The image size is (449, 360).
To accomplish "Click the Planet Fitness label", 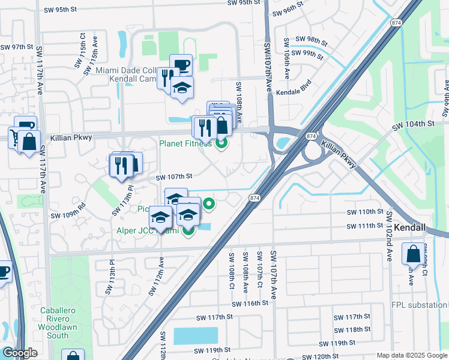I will click(185, 143).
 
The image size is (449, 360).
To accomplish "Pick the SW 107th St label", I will click(174, 176).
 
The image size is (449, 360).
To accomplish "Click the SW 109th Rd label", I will click(68, 215).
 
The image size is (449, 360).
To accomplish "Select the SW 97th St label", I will click(16, 47).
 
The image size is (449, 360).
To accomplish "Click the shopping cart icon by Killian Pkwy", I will click(13, 136).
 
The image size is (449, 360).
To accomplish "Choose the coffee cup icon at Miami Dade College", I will click(181, 65).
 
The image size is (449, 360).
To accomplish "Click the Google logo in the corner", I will click(20, 353).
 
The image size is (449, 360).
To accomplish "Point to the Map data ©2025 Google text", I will click(411, 355).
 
